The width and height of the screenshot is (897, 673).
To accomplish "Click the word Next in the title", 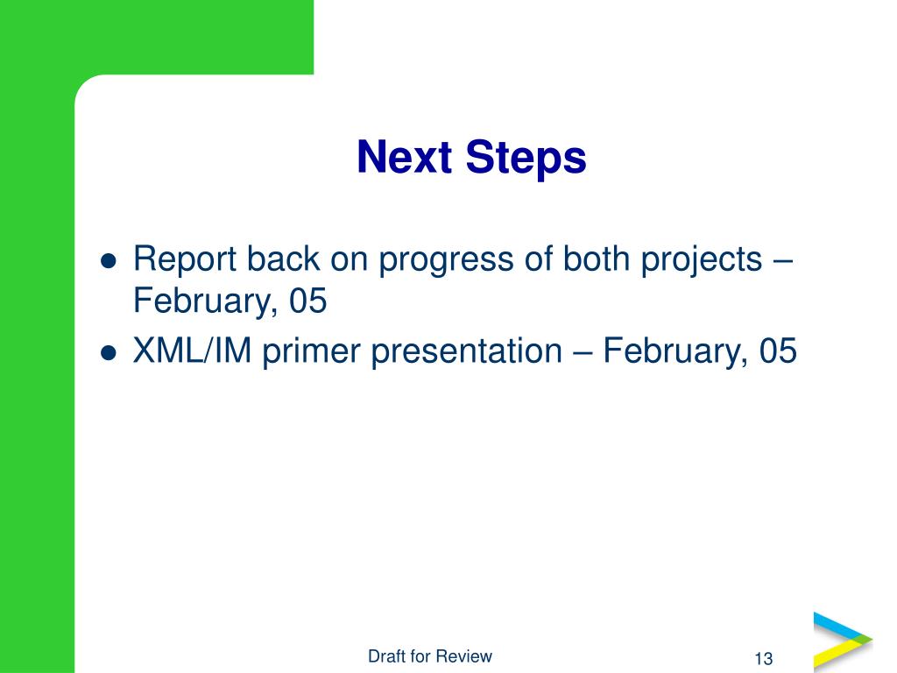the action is [405, 157].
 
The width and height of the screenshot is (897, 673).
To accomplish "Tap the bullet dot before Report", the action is [109, 261].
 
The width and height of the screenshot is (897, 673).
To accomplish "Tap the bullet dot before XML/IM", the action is [109, 353].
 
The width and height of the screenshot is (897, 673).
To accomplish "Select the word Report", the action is [184, 260].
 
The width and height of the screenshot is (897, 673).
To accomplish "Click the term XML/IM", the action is [192, 351].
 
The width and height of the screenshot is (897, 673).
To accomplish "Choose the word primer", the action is [312, 352].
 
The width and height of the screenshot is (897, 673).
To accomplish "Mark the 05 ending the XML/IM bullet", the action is [778, 351].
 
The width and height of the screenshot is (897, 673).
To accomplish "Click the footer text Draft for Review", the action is [430, 655].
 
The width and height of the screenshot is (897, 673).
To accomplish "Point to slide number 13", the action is [764, 659].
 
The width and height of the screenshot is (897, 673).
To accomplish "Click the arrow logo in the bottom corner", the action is [843, 641].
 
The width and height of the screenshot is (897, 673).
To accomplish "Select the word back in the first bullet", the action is [283, 259].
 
